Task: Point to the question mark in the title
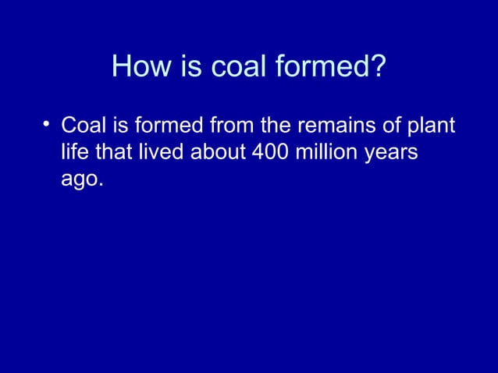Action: coord(378,66)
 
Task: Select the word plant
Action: coord(432,126)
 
